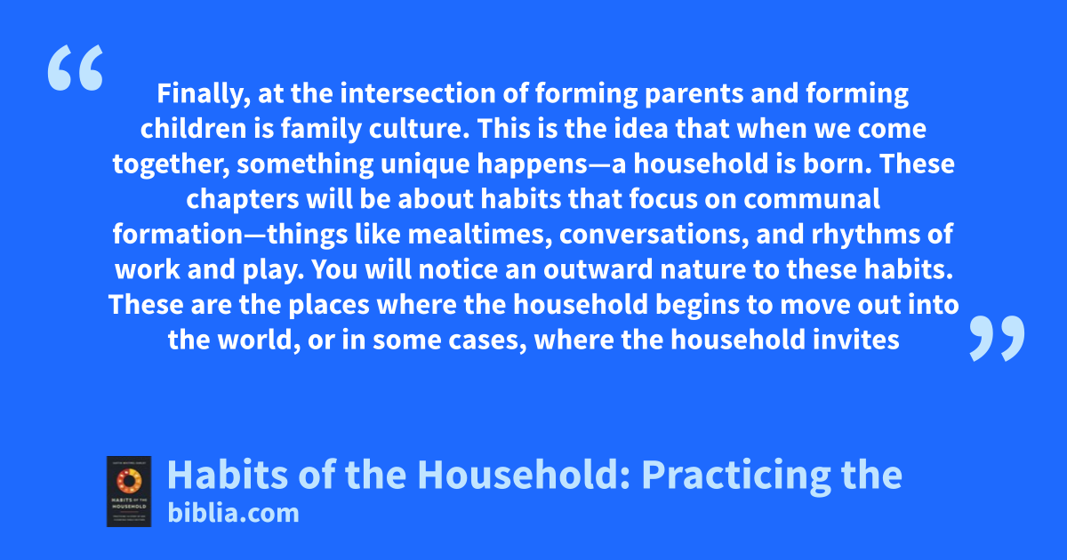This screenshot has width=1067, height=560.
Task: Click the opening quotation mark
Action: pyautogui.click(x=76, y=68)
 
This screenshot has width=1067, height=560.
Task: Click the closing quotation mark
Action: pyautogui.click(x=997, y=338)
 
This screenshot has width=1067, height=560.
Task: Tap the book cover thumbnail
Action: pyautogui.click(x=129, y=492)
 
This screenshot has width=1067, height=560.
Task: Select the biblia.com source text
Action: pyautogui.click(x=233, y=513)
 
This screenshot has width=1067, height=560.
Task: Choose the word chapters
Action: pyautogui.click(x=243, y=200)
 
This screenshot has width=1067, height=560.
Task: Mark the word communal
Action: pyautogui.click(x=812, y=199)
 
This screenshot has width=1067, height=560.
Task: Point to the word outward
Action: pyautogui.click(x=598, y=269)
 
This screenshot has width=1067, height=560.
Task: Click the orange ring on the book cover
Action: pyautogui.click(x=129, y=481)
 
